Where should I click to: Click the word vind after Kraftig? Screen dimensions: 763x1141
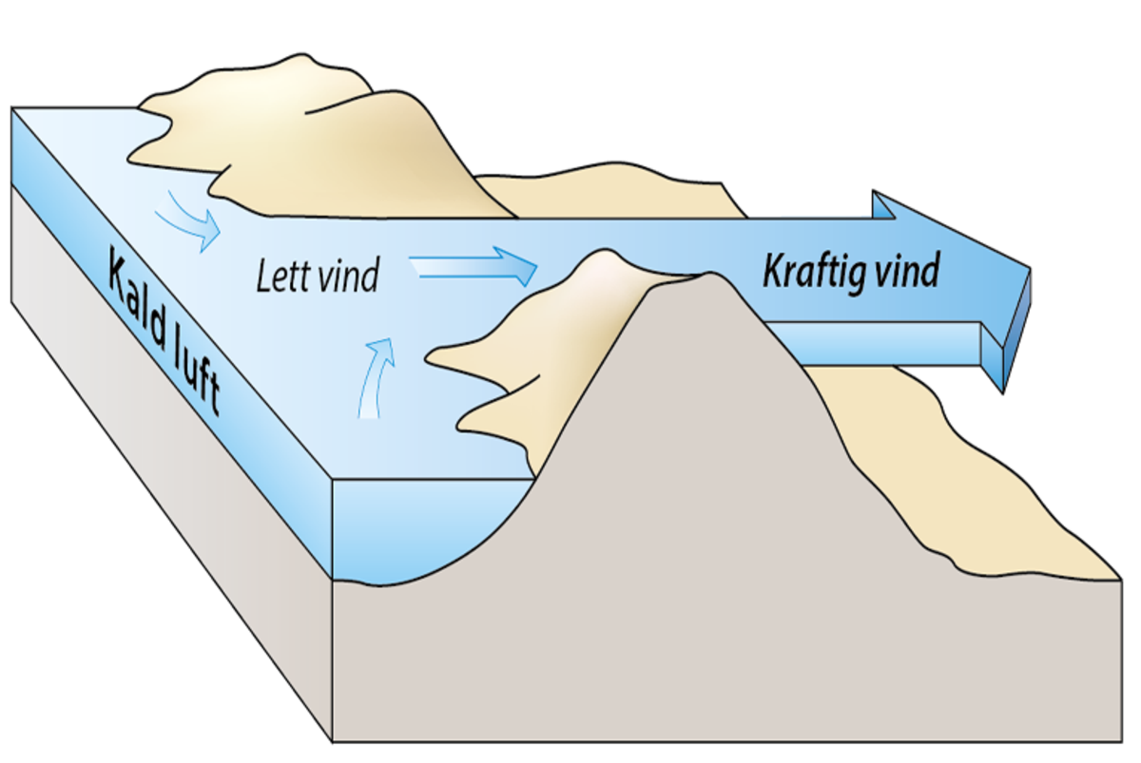click(x=907, y=271)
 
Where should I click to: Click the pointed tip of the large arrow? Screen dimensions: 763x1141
click(x=1028, y=269)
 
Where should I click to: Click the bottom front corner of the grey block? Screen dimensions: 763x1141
click(x=333, y=740)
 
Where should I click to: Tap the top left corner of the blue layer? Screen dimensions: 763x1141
click(x=12, y=108)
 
